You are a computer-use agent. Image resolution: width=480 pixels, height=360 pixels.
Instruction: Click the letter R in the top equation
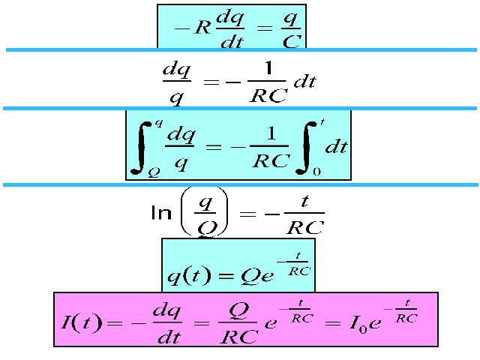[x=201, y=28]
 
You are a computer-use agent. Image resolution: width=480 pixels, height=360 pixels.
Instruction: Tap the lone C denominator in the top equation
[x=293, y=42]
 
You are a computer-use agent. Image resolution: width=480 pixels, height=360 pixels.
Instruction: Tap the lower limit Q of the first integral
[x=154, y=172]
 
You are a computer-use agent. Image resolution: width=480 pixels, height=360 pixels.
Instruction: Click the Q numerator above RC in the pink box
[x=236, y=309]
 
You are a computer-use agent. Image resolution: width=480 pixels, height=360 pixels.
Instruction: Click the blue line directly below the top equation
[x=240, y=50]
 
